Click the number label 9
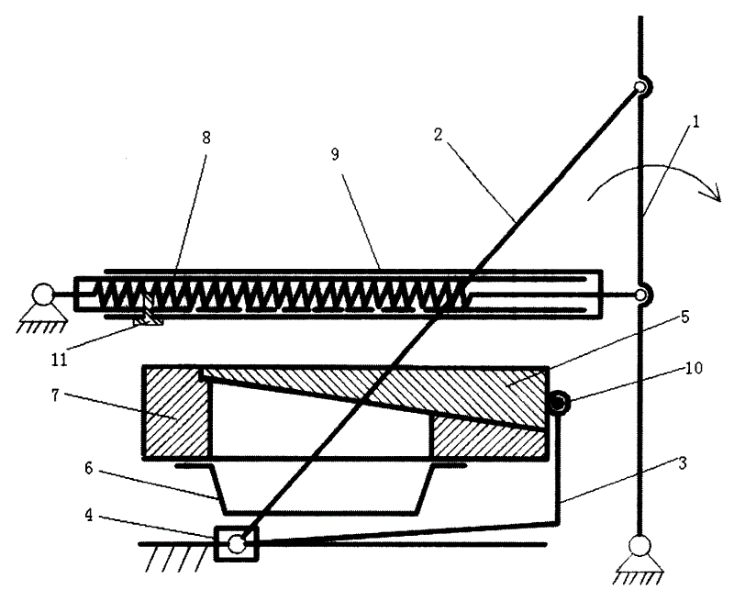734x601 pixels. click(336, 155)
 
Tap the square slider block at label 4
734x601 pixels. click(237, 544)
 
